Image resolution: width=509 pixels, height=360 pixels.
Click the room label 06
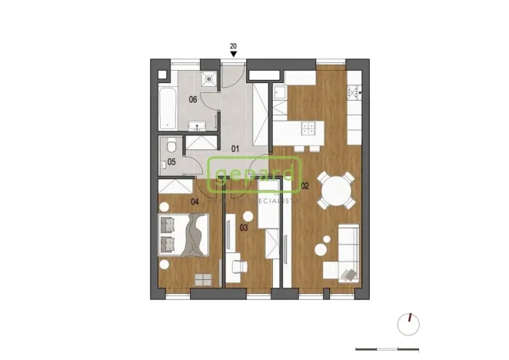pos(193,99)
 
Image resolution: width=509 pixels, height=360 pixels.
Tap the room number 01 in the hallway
pos(237,148)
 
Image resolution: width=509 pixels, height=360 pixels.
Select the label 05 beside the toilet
pos(172,162)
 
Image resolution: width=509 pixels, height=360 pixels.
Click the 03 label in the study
pos(244,228)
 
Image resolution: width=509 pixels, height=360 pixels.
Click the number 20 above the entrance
pos(234,47)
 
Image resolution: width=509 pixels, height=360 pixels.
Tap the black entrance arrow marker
pos(234,55)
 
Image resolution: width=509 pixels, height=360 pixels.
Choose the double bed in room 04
pos(182,234)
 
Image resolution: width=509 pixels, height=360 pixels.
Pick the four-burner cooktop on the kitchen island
pos(308,128)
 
